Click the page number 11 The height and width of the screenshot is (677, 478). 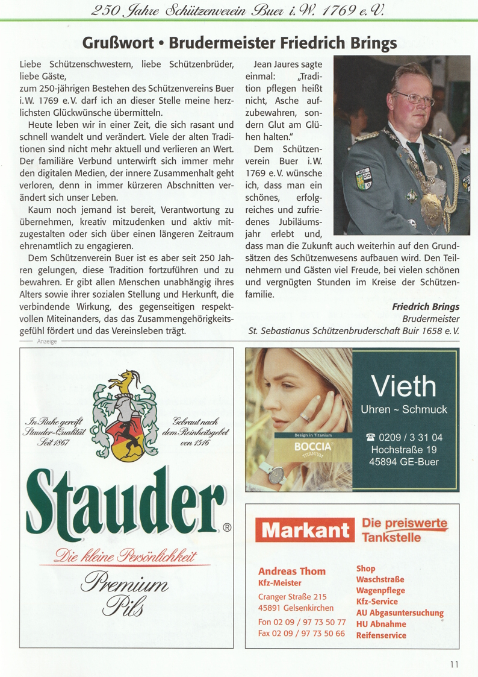tap(453, 664)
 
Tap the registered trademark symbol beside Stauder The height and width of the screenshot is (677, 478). tap(227, 527)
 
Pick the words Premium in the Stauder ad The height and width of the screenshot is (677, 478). tap(129, 584)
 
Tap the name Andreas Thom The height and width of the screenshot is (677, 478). tap(291, 571)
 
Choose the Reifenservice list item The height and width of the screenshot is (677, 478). tap(381, 635)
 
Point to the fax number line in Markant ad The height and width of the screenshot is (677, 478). tap(302, 634)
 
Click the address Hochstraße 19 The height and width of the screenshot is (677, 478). tap(404, 450)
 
